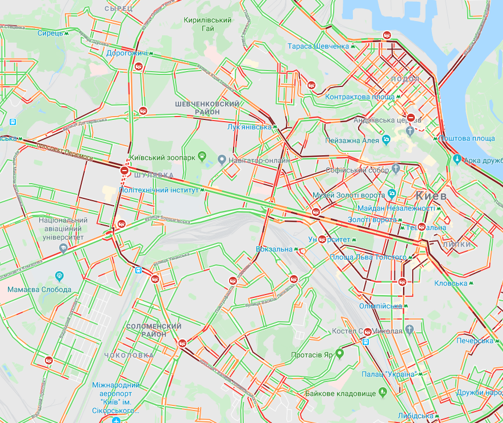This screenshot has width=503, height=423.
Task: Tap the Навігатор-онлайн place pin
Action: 222,160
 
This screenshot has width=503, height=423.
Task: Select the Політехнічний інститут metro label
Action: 159,190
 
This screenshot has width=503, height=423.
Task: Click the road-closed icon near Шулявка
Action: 124,170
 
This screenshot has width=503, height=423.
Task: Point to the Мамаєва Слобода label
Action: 40,289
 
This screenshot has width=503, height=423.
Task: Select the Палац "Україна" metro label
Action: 390,374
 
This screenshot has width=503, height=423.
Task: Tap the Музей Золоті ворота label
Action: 349,196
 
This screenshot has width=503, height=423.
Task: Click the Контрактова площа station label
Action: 360,97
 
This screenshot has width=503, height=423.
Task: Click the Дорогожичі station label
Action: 127,53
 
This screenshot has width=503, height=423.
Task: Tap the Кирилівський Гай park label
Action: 207,24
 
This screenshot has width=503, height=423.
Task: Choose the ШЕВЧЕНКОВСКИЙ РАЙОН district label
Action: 207,108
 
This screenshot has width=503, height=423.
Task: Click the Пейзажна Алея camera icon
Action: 386,139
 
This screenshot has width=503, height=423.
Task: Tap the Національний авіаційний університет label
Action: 63,229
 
